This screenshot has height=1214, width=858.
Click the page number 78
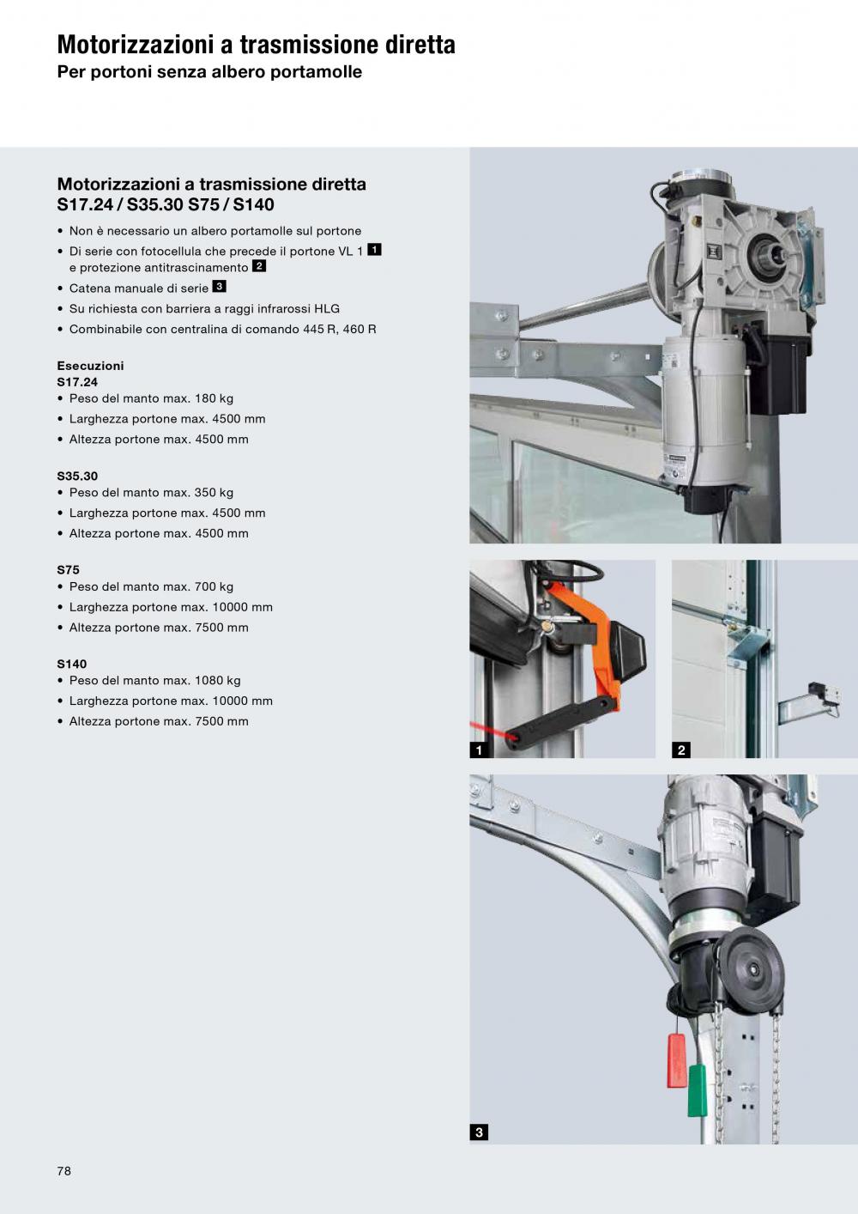click(63, 1171)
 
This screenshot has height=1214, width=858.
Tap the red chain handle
click(677, 1060)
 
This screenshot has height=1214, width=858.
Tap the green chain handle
click(698, 1090)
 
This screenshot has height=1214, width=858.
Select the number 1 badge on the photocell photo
click(479, 750)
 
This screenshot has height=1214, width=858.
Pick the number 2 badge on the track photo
click(681, 750)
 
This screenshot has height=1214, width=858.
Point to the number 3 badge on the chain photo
click(479, 1132)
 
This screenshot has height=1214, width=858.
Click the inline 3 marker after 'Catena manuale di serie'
click(220, 286)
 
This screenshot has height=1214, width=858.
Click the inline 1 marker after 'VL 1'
click(374, 249)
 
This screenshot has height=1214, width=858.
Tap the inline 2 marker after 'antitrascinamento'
click(259, 265)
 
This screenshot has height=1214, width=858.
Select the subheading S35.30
click(77, 476)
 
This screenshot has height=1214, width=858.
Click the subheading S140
click(71, 664)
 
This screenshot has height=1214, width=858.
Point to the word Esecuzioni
click(90, 366)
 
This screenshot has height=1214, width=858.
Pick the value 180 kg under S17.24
click(214, 398)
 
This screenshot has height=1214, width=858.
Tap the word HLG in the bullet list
click(327, 308)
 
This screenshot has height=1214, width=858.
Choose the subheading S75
click(69, 569)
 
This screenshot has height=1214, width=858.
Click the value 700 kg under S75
click(214, 586)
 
